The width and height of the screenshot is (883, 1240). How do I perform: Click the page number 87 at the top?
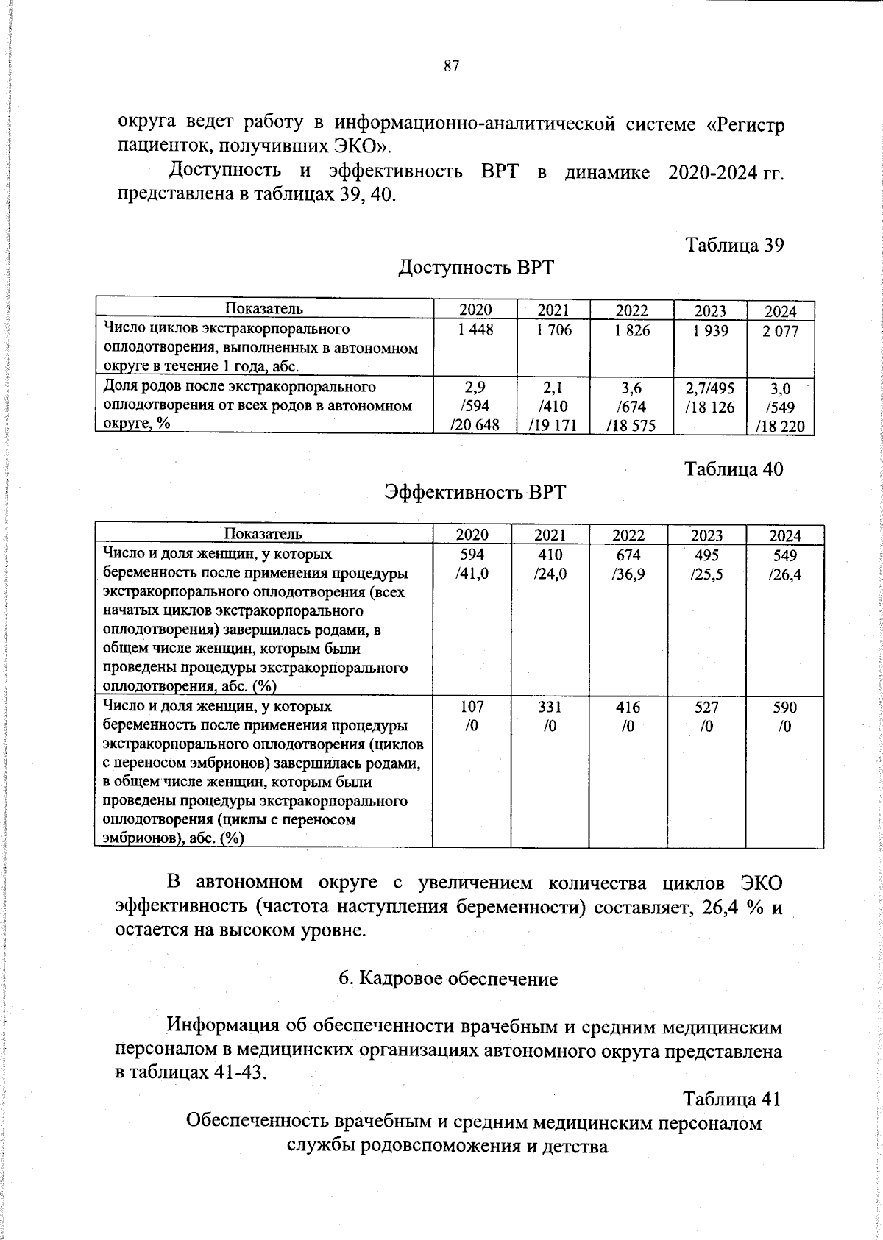(452, 66)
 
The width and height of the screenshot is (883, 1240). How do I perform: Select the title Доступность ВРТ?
(475, 268)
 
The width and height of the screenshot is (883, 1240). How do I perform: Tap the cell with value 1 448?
(475, 331)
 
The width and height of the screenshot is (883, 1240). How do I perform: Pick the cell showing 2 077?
(780, 332)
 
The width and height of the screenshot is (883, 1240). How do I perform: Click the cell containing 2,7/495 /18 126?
(709, 397)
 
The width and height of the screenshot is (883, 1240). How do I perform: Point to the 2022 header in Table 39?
(631, 310)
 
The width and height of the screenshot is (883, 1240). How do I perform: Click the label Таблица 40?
(734, 468)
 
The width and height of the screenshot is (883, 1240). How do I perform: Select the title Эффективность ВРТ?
(475, 492)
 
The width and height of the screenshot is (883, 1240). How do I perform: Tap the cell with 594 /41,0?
(472, 565)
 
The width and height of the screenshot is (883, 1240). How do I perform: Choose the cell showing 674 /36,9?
(628, 565)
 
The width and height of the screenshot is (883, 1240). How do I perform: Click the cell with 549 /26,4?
(784, 565)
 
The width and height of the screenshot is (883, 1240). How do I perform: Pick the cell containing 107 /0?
(472, 716)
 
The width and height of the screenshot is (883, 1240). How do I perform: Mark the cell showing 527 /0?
(706, 716)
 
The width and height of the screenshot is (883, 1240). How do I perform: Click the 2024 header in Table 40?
(784, 535)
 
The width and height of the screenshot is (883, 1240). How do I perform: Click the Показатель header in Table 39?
(263, 309)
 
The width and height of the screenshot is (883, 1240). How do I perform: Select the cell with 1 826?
(631, 331)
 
